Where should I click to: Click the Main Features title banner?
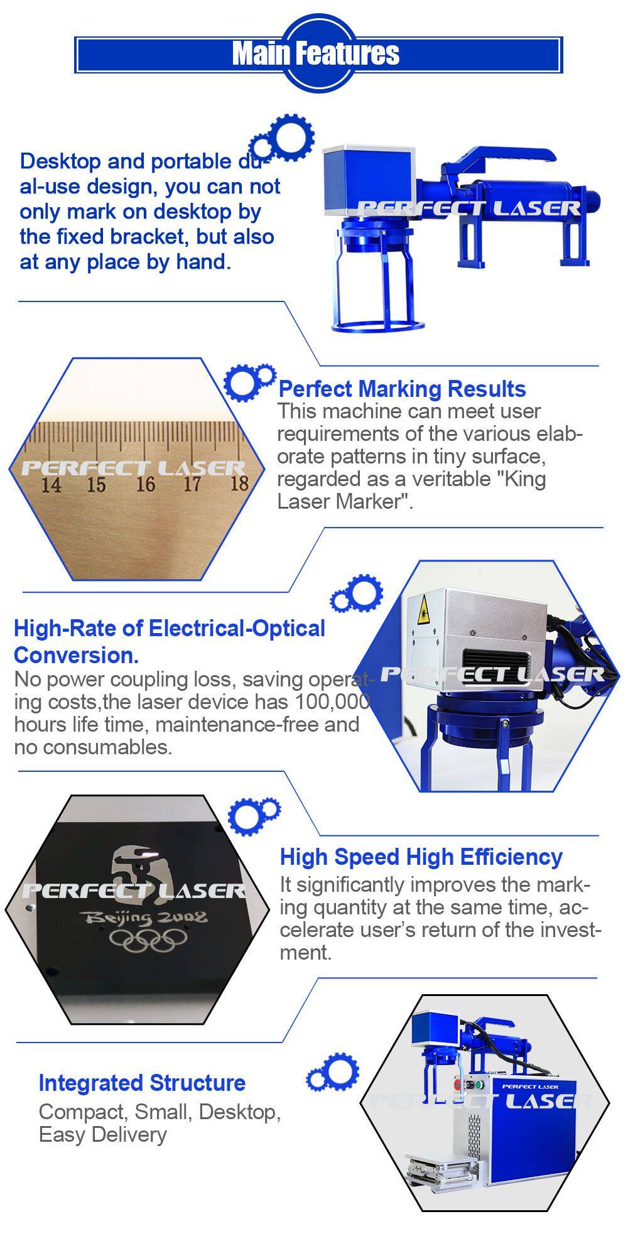[x=318, y=54]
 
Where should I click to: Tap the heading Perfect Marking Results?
[x=402, y=389]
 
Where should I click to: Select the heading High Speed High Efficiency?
[x=421, y=857]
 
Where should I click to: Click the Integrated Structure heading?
[x=142, y=1083]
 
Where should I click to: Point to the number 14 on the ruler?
[x=51, y=485]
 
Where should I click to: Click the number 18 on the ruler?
[x=239, y=483]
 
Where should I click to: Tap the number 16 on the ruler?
[x=145, y=484]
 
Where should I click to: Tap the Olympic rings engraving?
[x=149, y=940]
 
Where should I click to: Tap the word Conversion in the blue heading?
[x=76, y=656]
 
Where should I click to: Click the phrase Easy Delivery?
[x=103, y=1135]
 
